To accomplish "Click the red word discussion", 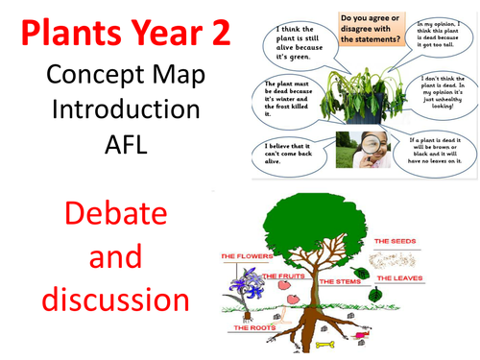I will [x=107, y=300].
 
